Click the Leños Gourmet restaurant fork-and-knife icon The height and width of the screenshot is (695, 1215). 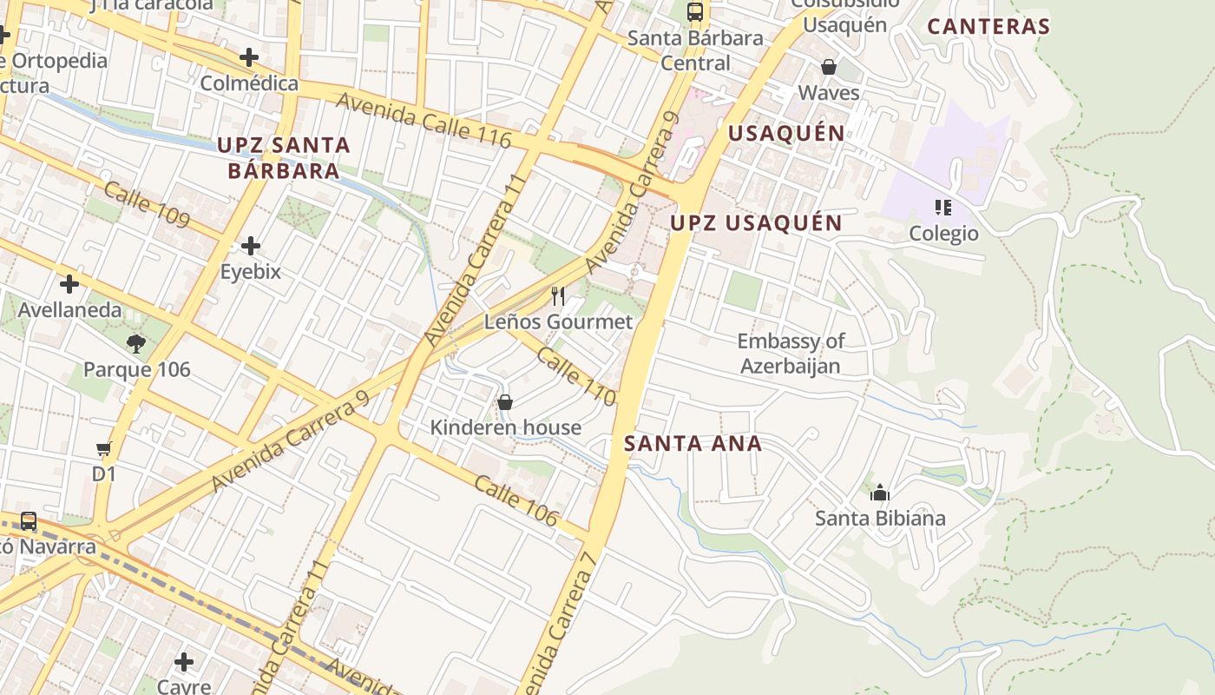558,296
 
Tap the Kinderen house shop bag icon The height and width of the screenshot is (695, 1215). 504,402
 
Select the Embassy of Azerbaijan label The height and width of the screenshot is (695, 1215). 790,353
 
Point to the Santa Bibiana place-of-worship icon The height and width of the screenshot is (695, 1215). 880,493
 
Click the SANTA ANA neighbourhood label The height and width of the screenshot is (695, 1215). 693,444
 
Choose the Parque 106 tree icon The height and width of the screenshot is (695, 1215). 135,344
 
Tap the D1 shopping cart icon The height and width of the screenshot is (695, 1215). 104,449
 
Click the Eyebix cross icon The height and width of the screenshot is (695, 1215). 251,246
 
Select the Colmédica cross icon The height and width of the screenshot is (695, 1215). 249,57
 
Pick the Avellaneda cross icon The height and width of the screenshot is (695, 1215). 69,284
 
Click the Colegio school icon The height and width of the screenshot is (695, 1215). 943,208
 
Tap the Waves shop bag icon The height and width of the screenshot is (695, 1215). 829,67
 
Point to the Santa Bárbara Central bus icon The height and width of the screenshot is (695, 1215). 695,12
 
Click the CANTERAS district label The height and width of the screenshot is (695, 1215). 988,26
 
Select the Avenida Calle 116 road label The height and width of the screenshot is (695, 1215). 423,120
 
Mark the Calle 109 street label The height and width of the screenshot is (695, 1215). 146,204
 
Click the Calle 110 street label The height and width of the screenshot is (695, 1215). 575,376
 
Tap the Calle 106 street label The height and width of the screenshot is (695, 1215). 516,500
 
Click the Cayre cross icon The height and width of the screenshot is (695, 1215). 184,662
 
